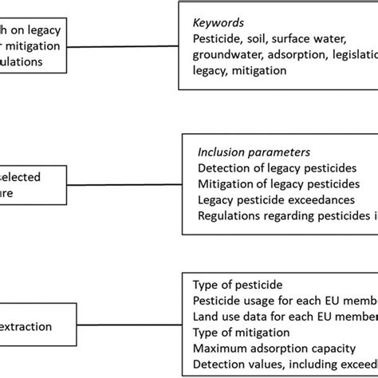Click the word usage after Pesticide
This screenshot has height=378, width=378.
266,300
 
